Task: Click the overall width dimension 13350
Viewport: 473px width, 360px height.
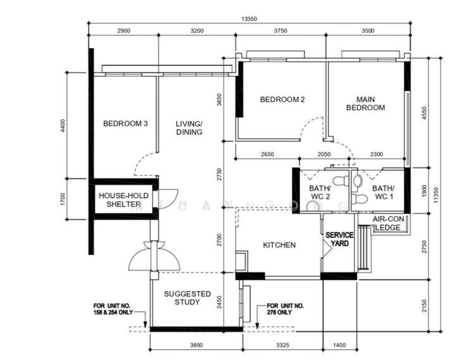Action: pos(249,19)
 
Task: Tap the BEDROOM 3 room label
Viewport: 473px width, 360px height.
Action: pos(125,124)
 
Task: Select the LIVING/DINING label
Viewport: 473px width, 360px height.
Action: pos(189,128)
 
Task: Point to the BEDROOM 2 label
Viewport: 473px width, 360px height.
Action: pos(282,100)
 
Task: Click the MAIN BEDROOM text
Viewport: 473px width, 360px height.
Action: pos(370,103)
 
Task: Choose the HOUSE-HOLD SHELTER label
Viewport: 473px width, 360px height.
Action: pos(120,200)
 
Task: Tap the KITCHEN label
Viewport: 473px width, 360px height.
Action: pos(279,245)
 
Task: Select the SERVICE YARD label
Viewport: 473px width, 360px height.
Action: pos(340,239)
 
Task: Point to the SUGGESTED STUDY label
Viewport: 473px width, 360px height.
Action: pos(188,298)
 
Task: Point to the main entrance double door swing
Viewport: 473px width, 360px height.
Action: pos(154,255)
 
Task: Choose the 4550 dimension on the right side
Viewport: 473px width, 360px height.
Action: pos(424,114)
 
